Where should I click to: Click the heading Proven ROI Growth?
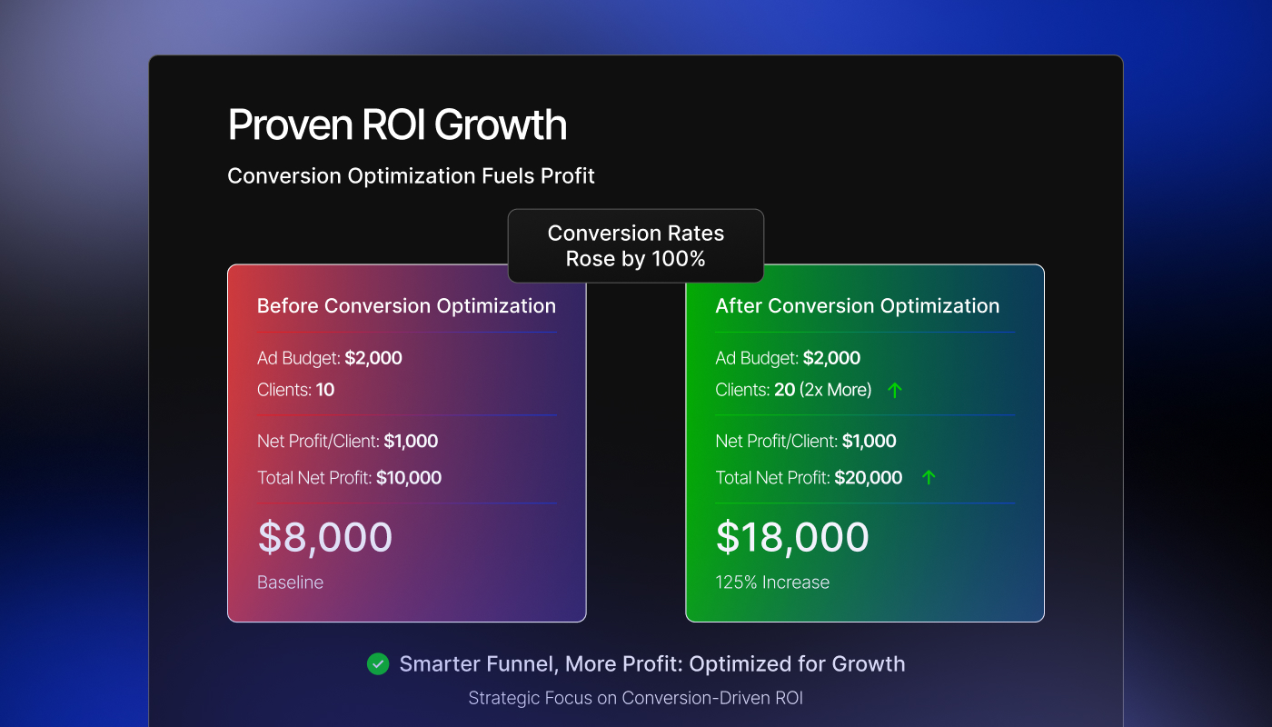click(x=397, y=124)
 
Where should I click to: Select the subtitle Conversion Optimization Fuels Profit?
click(x=411, y=175)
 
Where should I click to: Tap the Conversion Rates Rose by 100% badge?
click(x=635, y=246)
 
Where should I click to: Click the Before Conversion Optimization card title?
click(x=406, y=306)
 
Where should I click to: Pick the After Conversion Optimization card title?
click(x=857, y=306)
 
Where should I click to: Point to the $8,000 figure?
click(x=325, y=537)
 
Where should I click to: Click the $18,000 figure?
click(x=792, y=537)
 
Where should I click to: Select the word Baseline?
click(x=290, y=583)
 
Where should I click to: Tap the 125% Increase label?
click(x=772, y=583)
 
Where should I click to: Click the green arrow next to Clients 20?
click(x=895, y=390)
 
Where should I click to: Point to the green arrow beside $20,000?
click(x=928, y=477)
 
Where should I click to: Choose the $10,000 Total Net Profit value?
click(x=409, y=478)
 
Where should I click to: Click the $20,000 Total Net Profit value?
click(x=868, y=478)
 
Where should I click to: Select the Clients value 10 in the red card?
click(x=325, y=391)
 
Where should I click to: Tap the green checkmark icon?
click(x=378, y=664)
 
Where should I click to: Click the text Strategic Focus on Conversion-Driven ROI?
click(x=635, y=698)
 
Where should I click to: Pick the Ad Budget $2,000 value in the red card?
click(x=373, y=358)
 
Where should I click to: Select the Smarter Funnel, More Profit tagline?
click(x=651, y=664)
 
